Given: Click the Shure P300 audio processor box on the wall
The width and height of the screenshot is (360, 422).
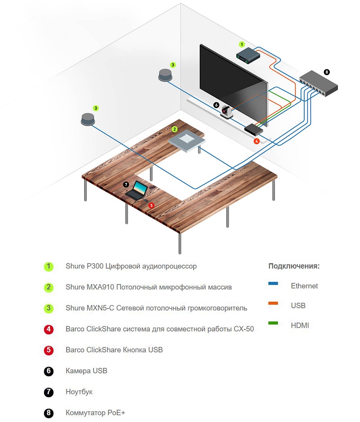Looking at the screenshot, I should click(248, 56).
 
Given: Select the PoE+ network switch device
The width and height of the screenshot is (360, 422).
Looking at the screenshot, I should click(319, 82).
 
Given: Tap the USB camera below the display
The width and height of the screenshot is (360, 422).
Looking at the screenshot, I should click(228, 111).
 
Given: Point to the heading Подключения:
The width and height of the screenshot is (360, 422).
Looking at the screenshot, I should click(294, 266).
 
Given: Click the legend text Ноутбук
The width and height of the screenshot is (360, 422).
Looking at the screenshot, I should click(79, 392).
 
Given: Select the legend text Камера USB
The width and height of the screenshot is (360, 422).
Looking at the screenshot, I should click(86, 371).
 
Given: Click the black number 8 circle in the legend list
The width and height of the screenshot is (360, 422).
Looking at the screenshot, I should click(49, 413).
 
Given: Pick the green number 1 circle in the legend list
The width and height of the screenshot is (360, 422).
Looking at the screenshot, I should click(49, 266).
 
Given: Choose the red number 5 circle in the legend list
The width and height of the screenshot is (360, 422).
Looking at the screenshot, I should click(49, 350).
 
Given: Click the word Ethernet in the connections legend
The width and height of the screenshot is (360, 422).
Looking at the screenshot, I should click(304, 286).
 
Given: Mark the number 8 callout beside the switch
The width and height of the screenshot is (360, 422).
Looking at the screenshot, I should click(327, 72).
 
